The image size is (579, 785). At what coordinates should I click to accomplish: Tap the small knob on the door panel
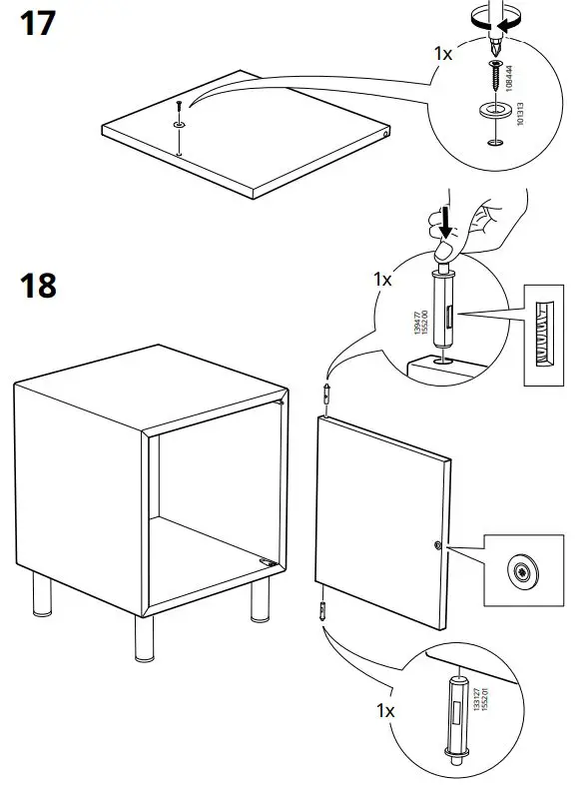(x=438, y=545)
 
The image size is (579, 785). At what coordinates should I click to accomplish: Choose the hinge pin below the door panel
(x=321, y=610)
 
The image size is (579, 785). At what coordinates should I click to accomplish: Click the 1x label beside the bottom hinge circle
(x=384, y=710)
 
